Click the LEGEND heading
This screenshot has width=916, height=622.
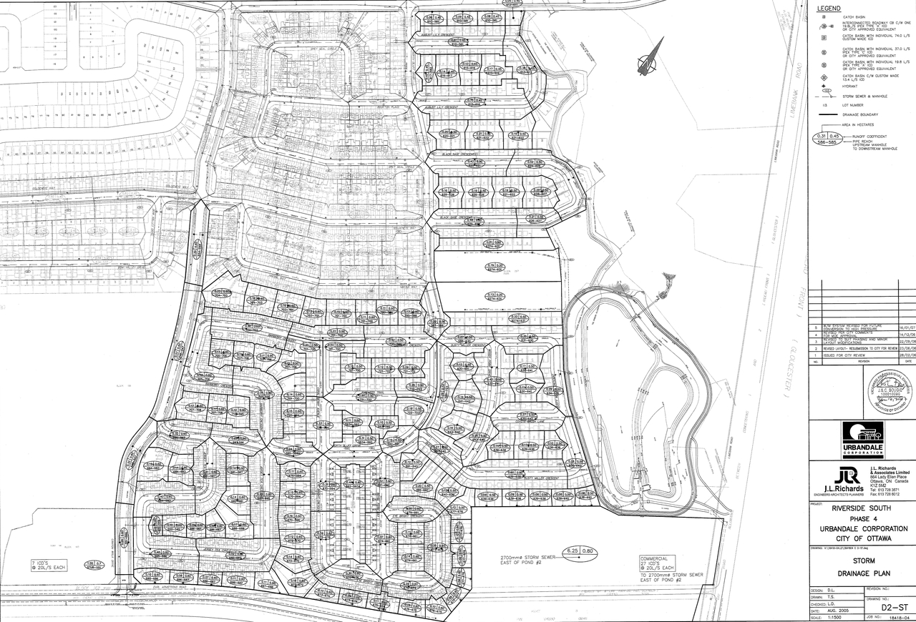click(x=828, y=8)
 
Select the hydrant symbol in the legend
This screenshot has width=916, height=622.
click(x=824, y=86)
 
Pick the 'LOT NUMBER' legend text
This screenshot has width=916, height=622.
click(x=854, y=104)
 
